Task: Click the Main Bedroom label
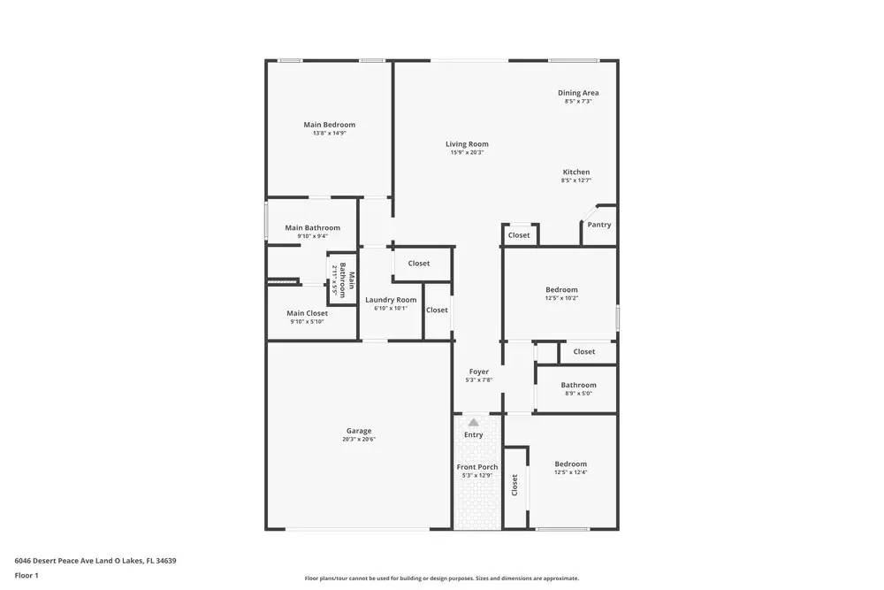click(x=329, y=125)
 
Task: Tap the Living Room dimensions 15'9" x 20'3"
click(x=467, y=152)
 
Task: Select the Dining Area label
click(x=578, y=93)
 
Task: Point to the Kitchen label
click(x=576, y=172)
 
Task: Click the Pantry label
click(x=599, y=225)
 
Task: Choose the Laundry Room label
click(x=391, y=300)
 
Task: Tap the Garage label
click(x=359, y=431)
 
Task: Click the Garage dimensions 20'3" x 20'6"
click(x=359, y=440)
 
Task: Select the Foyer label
click(x=478, y=372)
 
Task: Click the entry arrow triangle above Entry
click(x=474, y=423)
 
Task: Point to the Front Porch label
click(x=477, y=467)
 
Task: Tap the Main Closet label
click(x=307, y=313)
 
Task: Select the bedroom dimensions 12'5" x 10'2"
click(x=561, y=298)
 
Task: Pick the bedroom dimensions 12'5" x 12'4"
click(x=570, y=472)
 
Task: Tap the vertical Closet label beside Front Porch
click(x=514, y=485)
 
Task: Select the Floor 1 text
click(x=27, y=575)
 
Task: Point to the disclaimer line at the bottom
click(x=442, y=579)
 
